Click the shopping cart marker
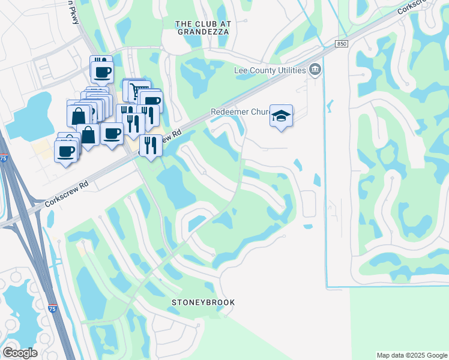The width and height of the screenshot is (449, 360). tap(138, 90)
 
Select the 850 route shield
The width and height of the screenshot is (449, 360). tap(342, 44)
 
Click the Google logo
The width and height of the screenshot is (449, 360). tap(20, 353)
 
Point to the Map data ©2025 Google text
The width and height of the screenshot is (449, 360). tap(412, 355)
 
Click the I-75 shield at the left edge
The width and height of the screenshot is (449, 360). tap(4, 158)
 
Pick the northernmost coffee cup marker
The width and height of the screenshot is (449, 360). tap(101, 71)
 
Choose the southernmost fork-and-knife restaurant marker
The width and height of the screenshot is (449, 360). tap(150, 145)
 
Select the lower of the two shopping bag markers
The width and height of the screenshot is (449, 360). tap(88, 134)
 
